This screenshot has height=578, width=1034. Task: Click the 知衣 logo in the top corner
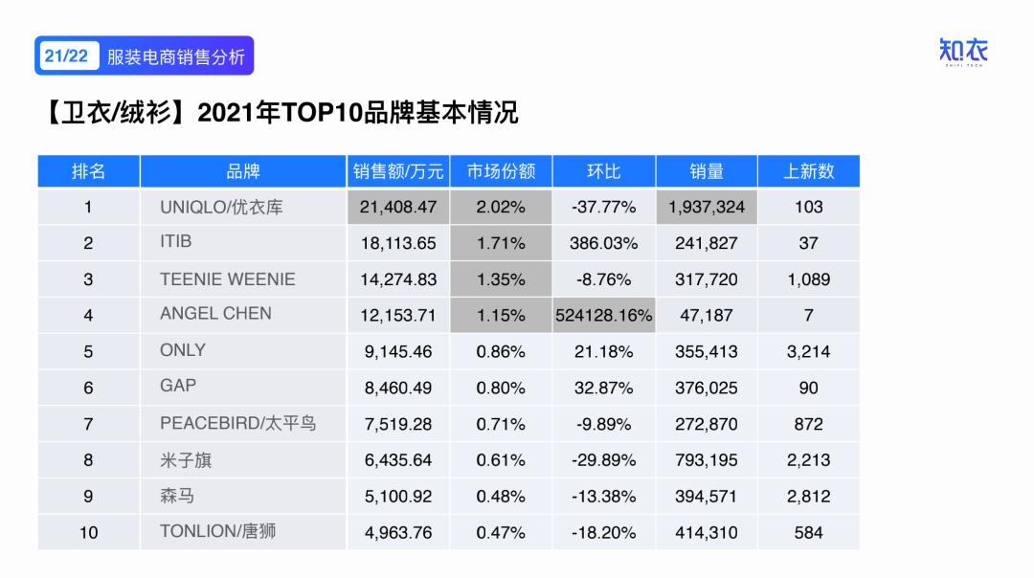963,53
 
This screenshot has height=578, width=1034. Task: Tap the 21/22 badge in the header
65,56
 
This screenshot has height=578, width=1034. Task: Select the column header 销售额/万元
398,171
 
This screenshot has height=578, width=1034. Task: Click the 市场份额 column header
501,171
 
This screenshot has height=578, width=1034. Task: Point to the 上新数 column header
808,171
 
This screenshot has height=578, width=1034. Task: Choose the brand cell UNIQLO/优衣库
221,207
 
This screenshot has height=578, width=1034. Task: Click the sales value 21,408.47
398,207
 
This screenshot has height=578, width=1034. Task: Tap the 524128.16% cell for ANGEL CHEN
603,315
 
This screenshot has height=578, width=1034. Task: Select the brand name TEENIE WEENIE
228,279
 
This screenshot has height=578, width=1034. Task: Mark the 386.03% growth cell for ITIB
603,243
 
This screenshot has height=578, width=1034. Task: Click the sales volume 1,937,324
706,207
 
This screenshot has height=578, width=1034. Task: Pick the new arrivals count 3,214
808,351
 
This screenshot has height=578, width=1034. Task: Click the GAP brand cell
178,386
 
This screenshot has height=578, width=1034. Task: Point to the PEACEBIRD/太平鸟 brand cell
237,423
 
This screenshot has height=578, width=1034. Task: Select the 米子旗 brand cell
186,460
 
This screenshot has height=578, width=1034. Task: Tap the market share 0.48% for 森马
501,497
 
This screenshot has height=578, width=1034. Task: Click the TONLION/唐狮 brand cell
217,531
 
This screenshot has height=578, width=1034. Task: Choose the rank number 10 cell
88,533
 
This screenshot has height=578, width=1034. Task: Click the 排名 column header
88,171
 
